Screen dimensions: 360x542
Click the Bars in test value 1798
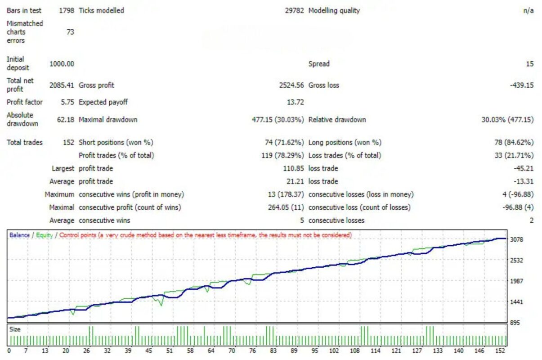click(x=66, y=10)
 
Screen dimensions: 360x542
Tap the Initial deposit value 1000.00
click(x=62, y=64)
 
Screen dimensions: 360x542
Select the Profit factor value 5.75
click(x=67, y=102)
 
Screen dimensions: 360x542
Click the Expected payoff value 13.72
click(x=295, y=102)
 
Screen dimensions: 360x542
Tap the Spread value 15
click(x=530, y=64)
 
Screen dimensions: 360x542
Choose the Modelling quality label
click(x=334, y=10)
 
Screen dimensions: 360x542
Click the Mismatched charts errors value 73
click(x=70, y=32)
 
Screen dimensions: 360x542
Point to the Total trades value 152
click(x=69, y=143)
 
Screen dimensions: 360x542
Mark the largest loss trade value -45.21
click(x=524, y=169)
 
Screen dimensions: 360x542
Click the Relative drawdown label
click(x=337, y=120)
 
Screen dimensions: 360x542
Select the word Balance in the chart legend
click(x=19, y=235)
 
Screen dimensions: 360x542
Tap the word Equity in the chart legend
click(x=45, y=235)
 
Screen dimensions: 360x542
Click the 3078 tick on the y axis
click(x=517, y=240)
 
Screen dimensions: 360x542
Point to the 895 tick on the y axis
click(x=515, y=323)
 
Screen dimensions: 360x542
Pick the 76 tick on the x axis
click(x=253, y=351)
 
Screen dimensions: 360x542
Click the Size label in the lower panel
click(x=15, y=329)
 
